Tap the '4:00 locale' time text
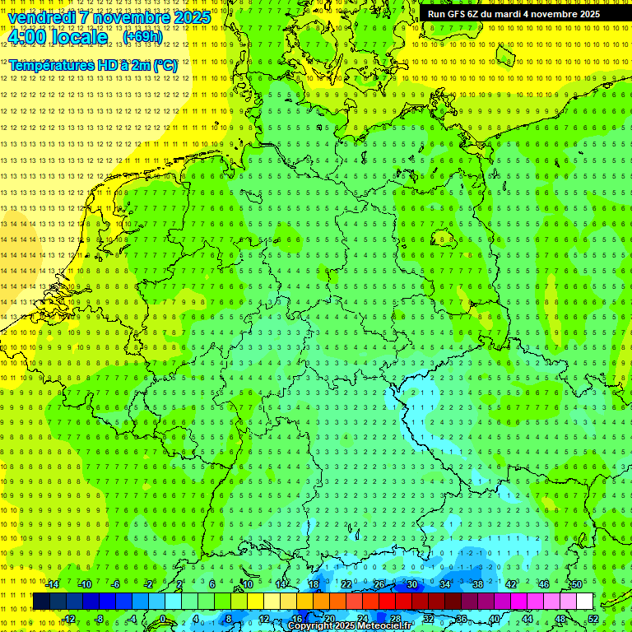[58, 37]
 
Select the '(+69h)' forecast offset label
[142, 37]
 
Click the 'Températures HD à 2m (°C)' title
[93, 65]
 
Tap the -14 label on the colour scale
[53, 584]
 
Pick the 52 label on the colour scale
[593, 619]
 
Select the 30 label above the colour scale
[411, 584]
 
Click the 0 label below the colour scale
[163, 619]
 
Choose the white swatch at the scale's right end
[584, 602]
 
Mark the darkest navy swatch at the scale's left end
[41, 602]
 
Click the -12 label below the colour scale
[69, 619]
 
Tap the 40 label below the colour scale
[495, 619]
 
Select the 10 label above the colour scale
[247, 584]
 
